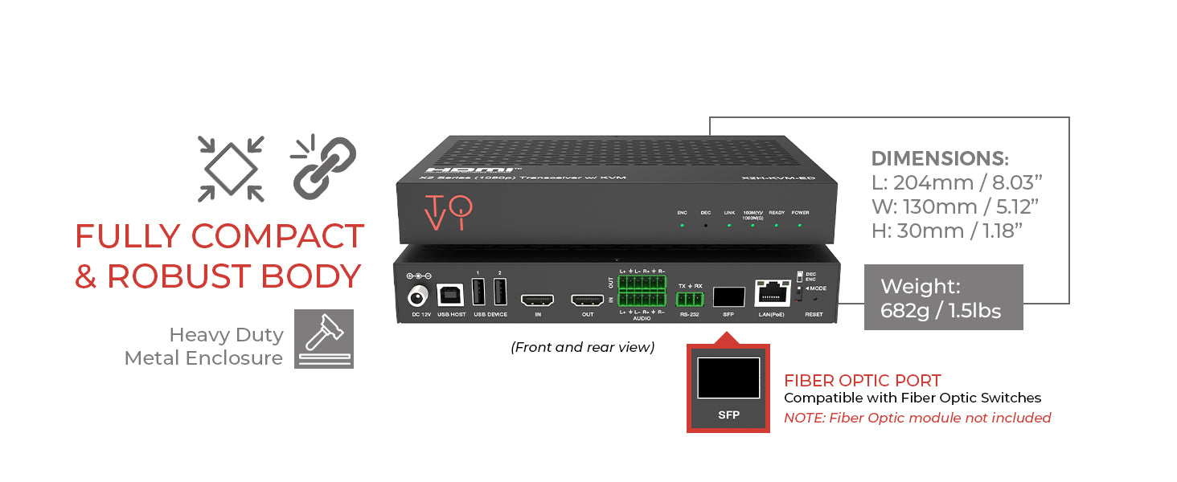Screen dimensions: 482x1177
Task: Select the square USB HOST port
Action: (x=449, y=293)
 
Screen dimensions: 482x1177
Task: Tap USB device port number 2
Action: (x=499, y=292)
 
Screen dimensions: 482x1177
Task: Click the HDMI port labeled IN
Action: (x=537, y=300)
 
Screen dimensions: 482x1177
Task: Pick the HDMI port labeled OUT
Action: (x=587, y=300)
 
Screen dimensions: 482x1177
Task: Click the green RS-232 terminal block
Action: (x=690, y=300)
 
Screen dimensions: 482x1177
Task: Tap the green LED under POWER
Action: (x=800, y=226)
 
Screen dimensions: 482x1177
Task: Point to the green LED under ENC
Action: (x=682, y=226)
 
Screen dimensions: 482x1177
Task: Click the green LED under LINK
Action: (x=729, y=226)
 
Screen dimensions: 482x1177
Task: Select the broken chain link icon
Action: (x=323, y=168)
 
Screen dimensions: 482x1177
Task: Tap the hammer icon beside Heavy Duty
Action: (x=323, y=339)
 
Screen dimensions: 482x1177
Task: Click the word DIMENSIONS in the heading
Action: (x=940, y=158)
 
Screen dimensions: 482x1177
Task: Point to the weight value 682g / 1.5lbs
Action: (x=941, y=310)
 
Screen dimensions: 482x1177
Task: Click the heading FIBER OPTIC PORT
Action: (x=862, y=381)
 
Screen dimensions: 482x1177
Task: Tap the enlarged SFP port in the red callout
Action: (x=728, y=378)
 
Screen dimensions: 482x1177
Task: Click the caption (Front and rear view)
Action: (x=582, y=347)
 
